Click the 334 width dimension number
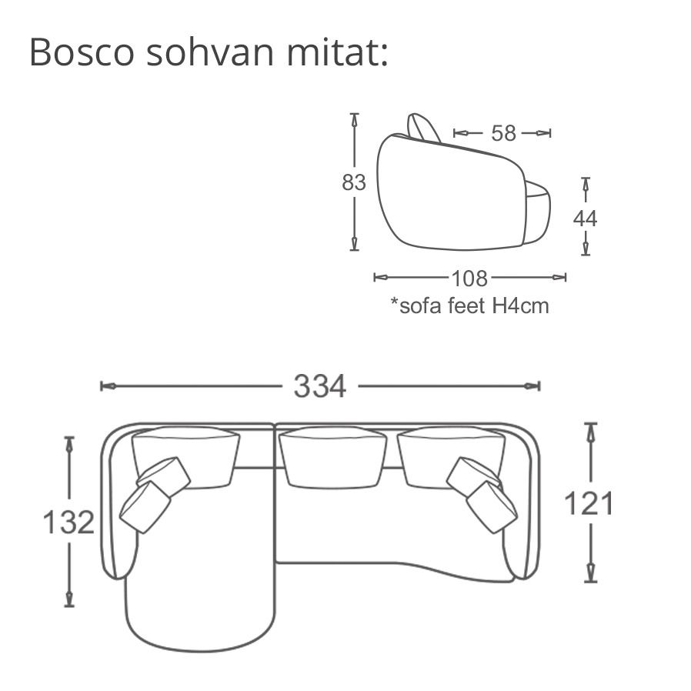tap(320, 386)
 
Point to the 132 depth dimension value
tap(68, 522)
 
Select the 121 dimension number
tap(589, 504)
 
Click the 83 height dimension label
tap(354, 182)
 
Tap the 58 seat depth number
tap(503, 133)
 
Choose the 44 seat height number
tap(586, 219)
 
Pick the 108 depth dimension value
tap(470, 279)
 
